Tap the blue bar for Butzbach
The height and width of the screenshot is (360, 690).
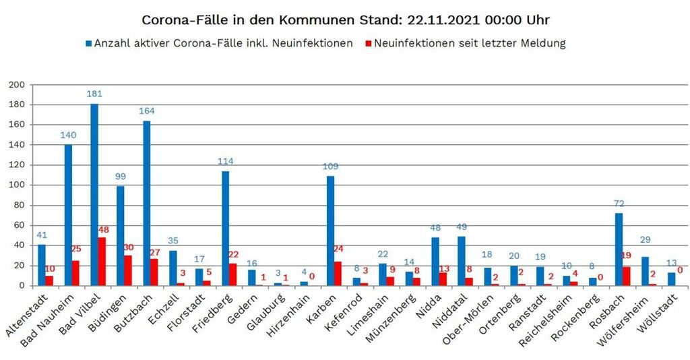pyautogui.click(x=147, y=203)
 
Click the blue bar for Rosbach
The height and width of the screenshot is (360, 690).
pyautogui.click(x=619, y=249)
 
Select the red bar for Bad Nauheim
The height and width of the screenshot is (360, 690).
pyautogui.click(x=76, y=273)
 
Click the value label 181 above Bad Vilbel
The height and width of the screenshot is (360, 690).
pyautogui.click(x=94, y=94)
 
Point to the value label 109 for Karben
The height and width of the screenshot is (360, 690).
pyautogui.click(x=330, y=166)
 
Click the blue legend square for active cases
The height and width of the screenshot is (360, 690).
pyautogui.click(x=88, y=44)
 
